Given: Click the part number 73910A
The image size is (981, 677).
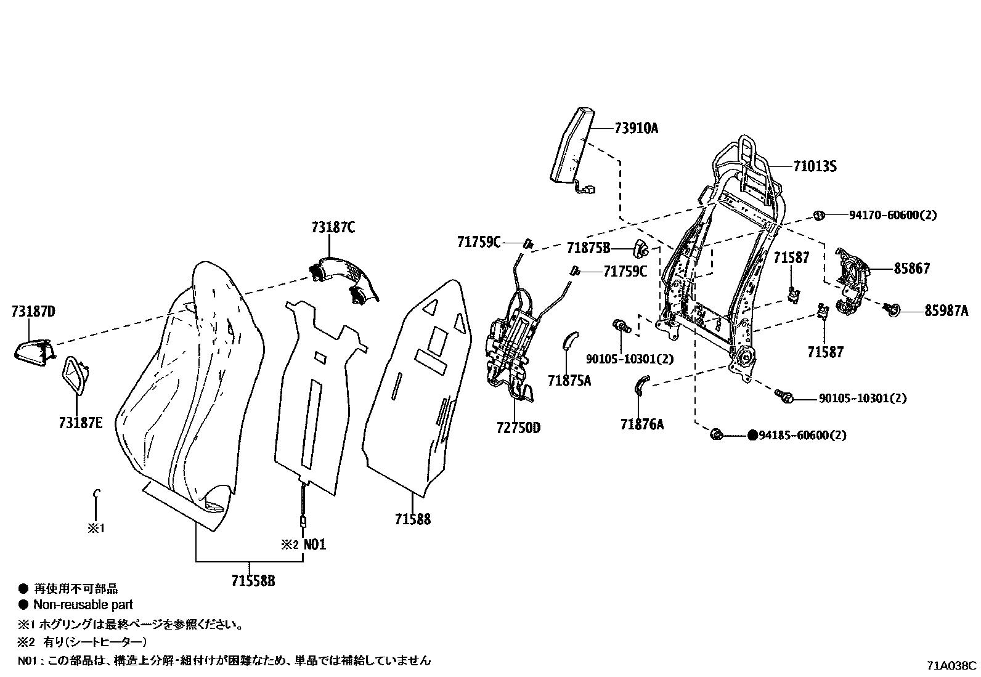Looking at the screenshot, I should point(636,129).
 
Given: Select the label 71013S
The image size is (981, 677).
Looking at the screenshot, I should point(815,166).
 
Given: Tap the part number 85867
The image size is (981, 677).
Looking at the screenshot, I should point(911,269).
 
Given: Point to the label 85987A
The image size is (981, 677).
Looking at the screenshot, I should point(946,312).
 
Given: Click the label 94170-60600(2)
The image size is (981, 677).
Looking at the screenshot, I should point(892,216).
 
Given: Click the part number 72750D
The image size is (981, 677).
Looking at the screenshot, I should point(518,428).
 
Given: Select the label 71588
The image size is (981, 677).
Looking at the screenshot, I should point(413,519).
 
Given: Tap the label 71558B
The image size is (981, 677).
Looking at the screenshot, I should point(253,581).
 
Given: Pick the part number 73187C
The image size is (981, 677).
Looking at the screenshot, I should point(333,228).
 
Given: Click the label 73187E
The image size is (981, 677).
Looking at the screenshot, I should point(81,423).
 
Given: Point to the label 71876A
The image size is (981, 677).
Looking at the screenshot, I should point(642,424).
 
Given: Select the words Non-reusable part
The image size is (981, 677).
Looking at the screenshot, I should point(83,605).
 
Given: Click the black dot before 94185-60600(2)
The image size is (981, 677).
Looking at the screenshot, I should point(752,436).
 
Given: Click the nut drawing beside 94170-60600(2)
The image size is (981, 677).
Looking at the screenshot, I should point(819,216).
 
